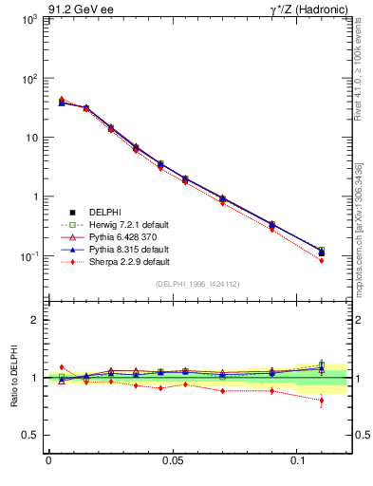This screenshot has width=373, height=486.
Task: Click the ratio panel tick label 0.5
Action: (32, 436)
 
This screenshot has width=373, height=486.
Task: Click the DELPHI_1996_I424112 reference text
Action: (197, 285)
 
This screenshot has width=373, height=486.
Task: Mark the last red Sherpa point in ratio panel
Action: (322, 401)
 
